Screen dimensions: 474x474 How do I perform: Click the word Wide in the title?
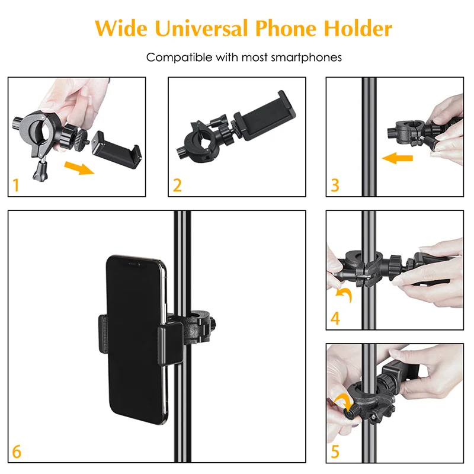[121, 28]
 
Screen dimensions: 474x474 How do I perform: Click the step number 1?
[16, 185]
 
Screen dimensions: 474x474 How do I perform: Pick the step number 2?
[177, 185]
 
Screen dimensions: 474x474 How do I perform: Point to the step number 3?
[335, 185]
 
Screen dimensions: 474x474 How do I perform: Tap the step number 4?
[335, 318]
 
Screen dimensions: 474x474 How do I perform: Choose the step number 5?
[335, 450]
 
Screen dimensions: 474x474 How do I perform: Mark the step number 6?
[17, 451]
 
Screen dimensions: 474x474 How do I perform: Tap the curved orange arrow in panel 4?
[343, 294]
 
